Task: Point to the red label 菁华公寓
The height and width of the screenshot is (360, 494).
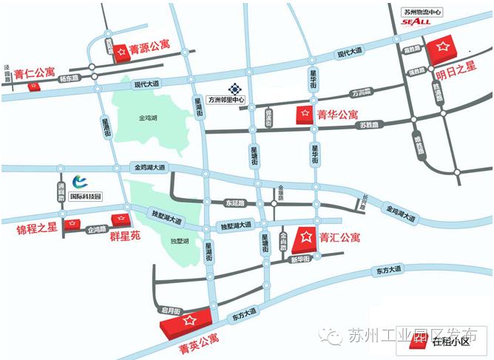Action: [x=338, y=115]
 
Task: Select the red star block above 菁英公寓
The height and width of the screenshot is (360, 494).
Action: [x=189, y=321]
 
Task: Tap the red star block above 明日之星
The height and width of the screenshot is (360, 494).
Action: [x=444, y=48]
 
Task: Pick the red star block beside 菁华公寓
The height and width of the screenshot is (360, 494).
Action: [x=304, y=115]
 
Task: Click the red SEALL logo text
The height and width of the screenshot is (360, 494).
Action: [x=416, y=23]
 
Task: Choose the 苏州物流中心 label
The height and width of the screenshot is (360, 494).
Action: [x=422, y=12]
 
